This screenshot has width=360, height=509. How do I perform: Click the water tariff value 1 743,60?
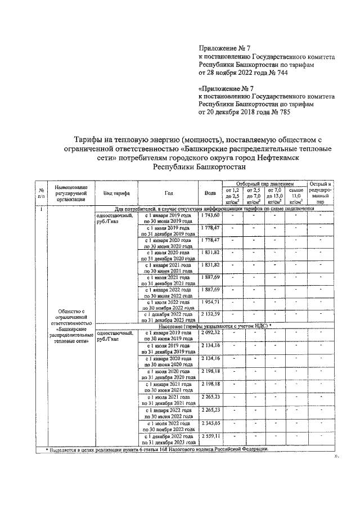(x=210, y=215)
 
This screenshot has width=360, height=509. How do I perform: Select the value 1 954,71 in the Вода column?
(x=210, y=302)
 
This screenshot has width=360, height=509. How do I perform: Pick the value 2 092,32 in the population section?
(x=210, y=333)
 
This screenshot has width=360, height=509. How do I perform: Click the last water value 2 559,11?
(x=210, y=436)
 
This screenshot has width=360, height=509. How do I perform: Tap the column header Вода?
(x=210, y=192)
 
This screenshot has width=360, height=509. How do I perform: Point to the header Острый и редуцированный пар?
(x=320, y=192)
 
